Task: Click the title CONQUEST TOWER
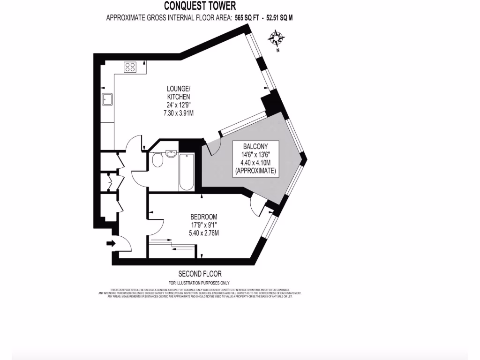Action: tap(200, 6)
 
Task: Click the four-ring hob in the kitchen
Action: tap(130, 67)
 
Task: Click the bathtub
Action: tap(186, 172)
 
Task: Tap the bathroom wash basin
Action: tap(171, 153)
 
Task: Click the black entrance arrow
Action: tap(111, 243)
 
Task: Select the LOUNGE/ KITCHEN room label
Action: tap(179, 92)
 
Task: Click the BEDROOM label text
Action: tap(204, 217)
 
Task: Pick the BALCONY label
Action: tap(255, 146)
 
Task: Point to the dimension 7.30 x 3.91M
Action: tap(179, 112)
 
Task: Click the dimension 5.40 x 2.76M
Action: tap(204, 233)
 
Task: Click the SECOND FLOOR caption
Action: tap(200, 274)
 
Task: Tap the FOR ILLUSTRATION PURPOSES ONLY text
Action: tap(200, 283)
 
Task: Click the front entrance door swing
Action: tap(122, 243)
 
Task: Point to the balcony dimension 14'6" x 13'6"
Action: tap(255, 154)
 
